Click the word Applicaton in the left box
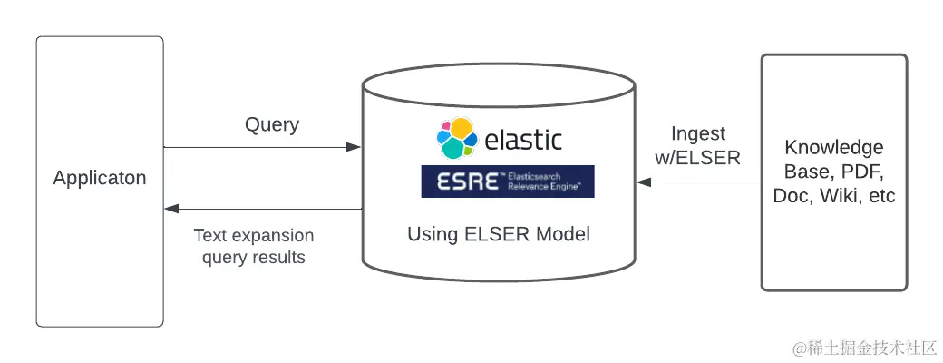click(x=100, y=178)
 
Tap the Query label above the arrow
click(x=272, y=125)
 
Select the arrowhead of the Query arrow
click(x=356, y=147)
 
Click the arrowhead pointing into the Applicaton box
click(x=170, y=209)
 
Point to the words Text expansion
click(x=254, y=236)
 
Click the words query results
click(x=254, y=258)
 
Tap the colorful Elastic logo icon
click(x=456, y=139)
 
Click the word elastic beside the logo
click(x=522, y=140)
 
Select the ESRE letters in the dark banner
click(x=466, y=181)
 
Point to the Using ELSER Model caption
click(x=499, y=235)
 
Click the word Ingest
click(x=698, y=134)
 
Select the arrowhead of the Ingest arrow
click(x=643, y=181)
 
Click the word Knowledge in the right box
click(x=834, y=147)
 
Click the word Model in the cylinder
click(x=561, y=235)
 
